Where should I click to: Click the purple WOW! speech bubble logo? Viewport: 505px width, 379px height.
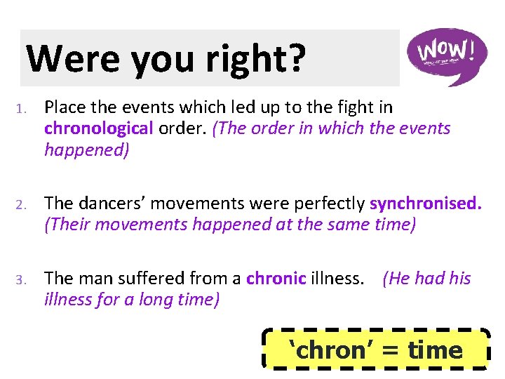pos(447,55)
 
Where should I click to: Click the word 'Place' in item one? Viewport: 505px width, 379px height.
pos(67,108)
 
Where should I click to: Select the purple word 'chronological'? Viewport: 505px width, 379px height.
pos(98,129)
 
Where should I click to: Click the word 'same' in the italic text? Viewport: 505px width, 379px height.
pos(337,225)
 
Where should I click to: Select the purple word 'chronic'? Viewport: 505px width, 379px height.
pos(276,279)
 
